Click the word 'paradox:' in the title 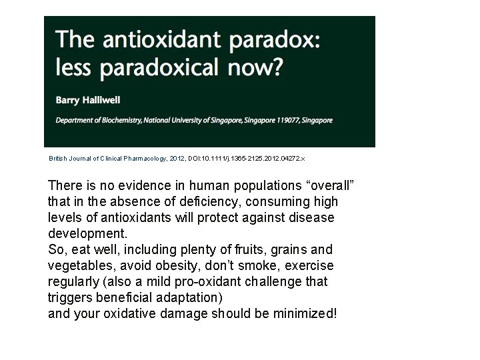[x=275, y=41]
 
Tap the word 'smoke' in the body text [x=252, y=266]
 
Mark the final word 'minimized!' [x=304, y=314]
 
